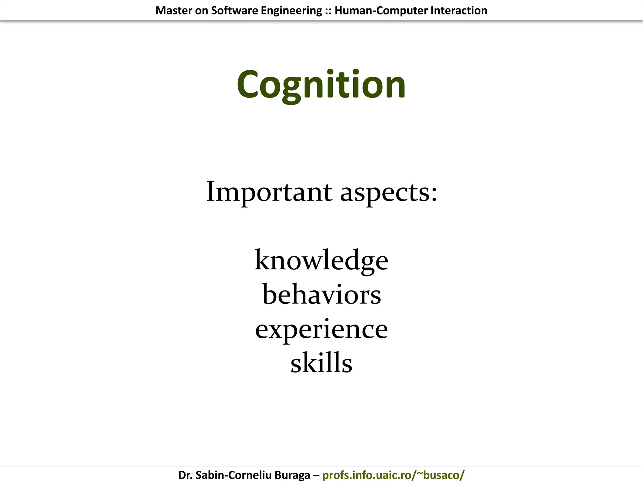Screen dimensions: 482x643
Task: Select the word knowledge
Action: coord(321,260)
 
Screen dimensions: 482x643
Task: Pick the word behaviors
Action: coord(321,295)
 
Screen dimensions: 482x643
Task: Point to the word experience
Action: coord(321,329)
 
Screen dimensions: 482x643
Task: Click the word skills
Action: coord(321,363)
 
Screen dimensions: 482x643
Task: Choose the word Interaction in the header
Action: coord(459,11)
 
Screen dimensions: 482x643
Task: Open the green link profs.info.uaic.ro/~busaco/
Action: coord(393,475)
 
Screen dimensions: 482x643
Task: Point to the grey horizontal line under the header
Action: coord(321,22)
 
